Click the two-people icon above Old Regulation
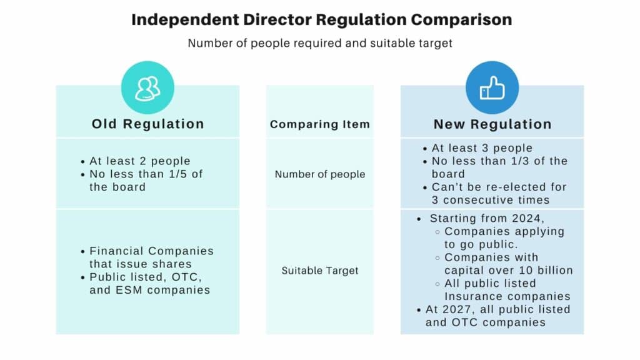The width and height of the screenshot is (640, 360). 147,88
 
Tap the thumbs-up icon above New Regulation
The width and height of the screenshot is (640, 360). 492,88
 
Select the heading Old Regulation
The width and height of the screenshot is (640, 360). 148,124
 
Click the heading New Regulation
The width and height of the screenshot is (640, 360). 492,124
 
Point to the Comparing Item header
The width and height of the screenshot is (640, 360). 320,124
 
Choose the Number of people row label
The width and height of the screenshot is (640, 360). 320,174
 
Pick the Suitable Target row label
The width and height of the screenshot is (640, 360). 320,271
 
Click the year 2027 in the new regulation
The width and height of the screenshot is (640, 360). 459,309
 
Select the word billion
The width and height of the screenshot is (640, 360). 552,271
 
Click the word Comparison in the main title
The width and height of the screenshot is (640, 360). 461,19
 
